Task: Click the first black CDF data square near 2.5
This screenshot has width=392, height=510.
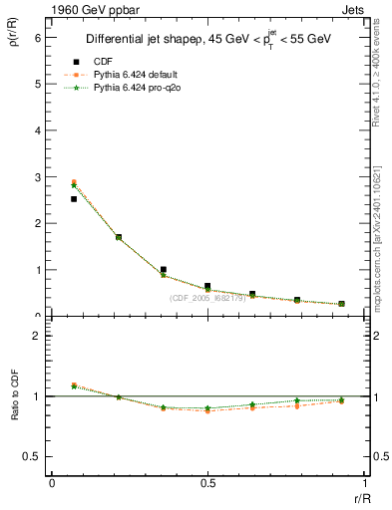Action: pos(74,199)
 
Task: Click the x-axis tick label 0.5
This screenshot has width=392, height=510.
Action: pos(207,482)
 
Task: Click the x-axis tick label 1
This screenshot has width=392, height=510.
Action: pos(364,482)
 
